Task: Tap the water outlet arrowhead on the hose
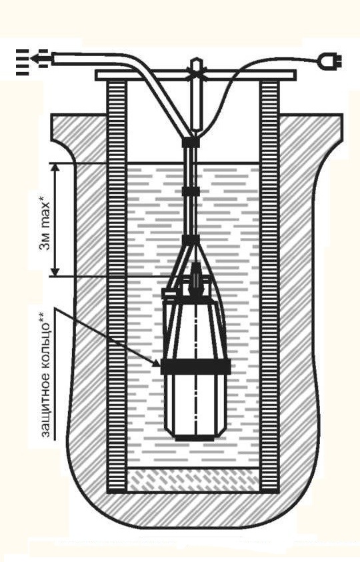pos(36,59)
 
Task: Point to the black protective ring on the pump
pos(196,366)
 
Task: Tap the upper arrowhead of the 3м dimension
pos(55,169)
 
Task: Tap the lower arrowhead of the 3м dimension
pos(55,271)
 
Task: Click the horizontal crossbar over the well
pos(195,75)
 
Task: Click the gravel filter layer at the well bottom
pos(193,480)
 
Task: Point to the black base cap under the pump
pos(195,437)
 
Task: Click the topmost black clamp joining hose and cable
pos(191,143)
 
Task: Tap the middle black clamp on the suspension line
pos(191,191)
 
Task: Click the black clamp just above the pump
pos(191,240)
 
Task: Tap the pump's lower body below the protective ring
pos(195,404)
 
